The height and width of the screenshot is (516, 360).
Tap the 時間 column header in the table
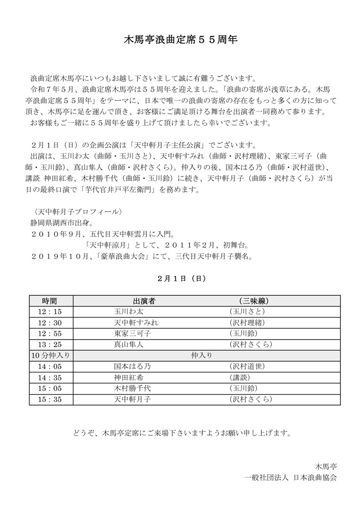pyautogui.click(x=49, y=301)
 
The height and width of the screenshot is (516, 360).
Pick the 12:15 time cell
pyautogui.click(x=49, y=312)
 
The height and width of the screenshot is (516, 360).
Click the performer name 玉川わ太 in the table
pyautogui.click(x=128, y=312)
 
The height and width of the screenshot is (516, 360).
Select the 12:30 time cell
pyautogui.click(x=49, y=323)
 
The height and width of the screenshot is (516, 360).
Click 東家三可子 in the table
pyautogui.click(x=132, y=334)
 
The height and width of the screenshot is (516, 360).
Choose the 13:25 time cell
pyautogui.click(x=49, y=345)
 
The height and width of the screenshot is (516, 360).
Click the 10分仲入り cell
pyautogui.click(x=49, y=355)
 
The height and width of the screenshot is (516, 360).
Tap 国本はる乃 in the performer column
pyautogui.click(x=132, y=366)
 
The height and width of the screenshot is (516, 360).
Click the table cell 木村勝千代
pyautogui.click(x=132, y=389)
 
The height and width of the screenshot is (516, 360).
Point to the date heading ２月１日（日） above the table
pyautogui.click(x=181, y=278)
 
